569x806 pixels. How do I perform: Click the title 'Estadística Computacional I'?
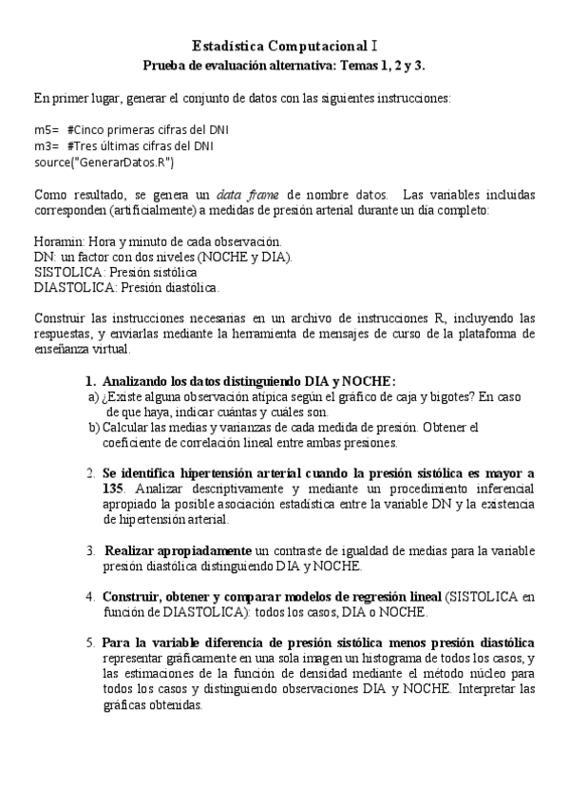[x=285, y=45]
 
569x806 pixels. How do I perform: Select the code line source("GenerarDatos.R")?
[x=104, y=163]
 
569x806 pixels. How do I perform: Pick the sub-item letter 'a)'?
[x=93, y=396]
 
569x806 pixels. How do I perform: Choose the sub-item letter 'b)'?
[x=93, y=427]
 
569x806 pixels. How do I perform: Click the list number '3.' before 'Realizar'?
[x=90, y=550]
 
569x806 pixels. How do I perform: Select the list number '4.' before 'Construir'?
[x=90, y=597]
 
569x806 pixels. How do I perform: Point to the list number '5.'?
[x=90, y=643]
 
